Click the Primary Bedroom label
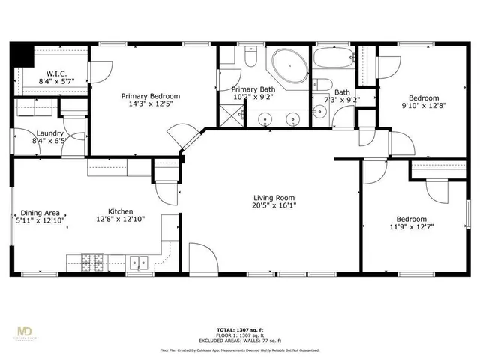tap(151, 96)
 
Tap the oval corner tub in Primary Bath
tap(288, 67)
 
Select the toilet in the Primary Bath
tap(250, 57)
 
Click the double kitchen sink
tap(139, 262)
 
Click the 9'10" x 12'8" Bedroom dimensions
tap(424, 106)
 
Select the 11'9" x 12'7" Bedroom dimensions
tap(412, 226)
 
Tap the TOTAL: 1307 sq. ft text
tap(239, 328)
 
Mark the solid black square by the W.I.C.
tap(22, 55)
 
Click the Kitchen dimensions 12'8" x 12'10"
tap(120, 220)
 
